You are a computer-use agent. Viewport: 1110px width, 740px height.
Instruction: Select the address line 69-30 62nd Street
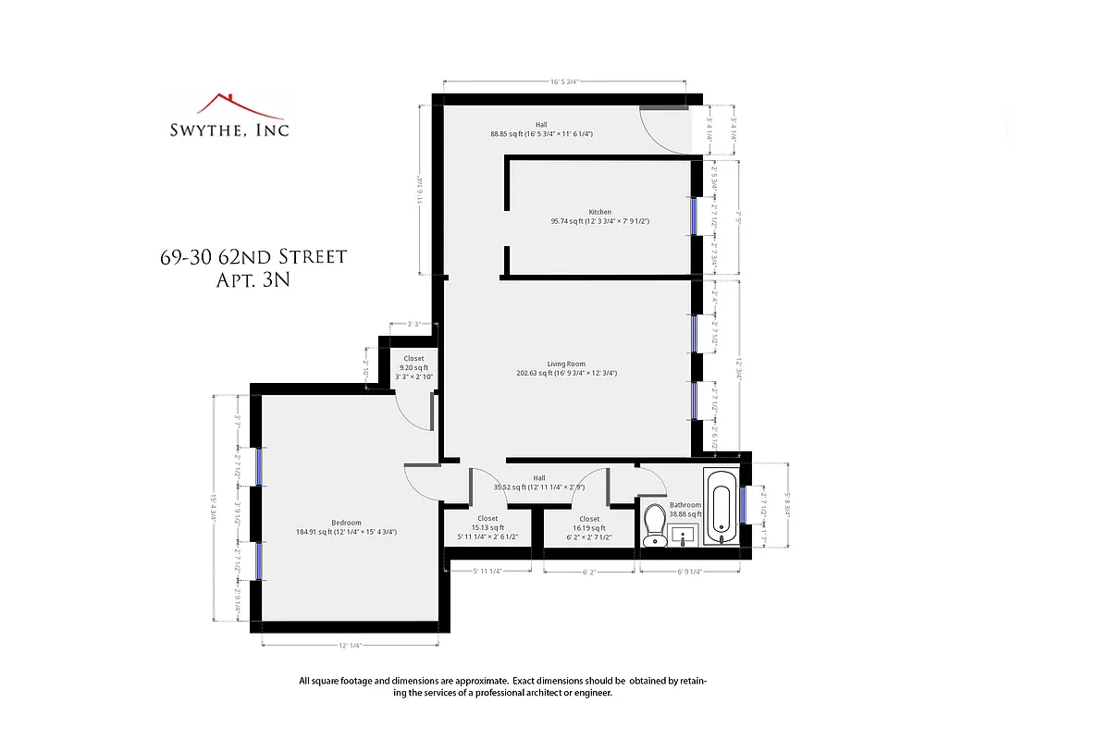pos(253,256)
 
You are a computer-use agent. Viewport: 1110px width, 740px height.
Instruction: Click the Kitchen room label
pos(599,212)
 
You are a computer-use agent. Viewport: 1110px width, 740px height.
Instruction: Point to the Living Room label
pos(566,364)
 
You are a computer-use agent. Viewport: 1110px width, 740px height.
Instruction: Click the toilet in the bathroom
pos(655,524)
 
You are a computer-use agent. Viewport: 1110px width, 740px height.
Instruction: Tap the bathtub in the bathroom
pos(721,507)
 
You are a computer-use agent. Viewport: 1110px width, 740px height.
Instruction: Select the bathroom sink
pos(685,536)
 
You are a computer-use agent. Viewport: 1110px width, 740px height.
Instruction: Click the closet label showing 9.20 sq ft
pos(413,367)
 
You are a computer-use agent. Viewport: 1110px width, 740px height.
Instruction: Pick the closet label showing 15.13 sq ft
pos(487,527)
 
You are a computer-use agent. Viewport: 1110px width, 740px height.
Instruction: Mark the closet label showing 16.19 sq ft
pos(589,527)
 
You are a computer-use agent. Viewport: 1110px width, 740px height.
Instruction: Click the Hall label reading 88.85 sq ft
pos(541,129)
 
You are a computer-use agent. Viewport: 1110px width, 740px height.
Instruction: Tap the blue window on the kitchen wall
pos(693,217)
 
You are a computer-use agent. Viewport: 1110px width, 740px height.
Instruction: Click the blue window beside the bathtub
pos(743,505)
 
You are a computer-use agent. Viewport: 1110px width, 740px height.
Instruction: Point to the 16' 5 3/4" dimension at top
pos(564,81)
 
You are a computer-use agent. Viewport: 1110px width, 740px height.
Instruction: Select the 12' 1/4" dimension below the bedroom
pos(349,646)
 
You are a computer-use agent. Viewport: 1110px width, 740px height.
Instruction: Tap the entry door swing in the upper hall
pos(669,132)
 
